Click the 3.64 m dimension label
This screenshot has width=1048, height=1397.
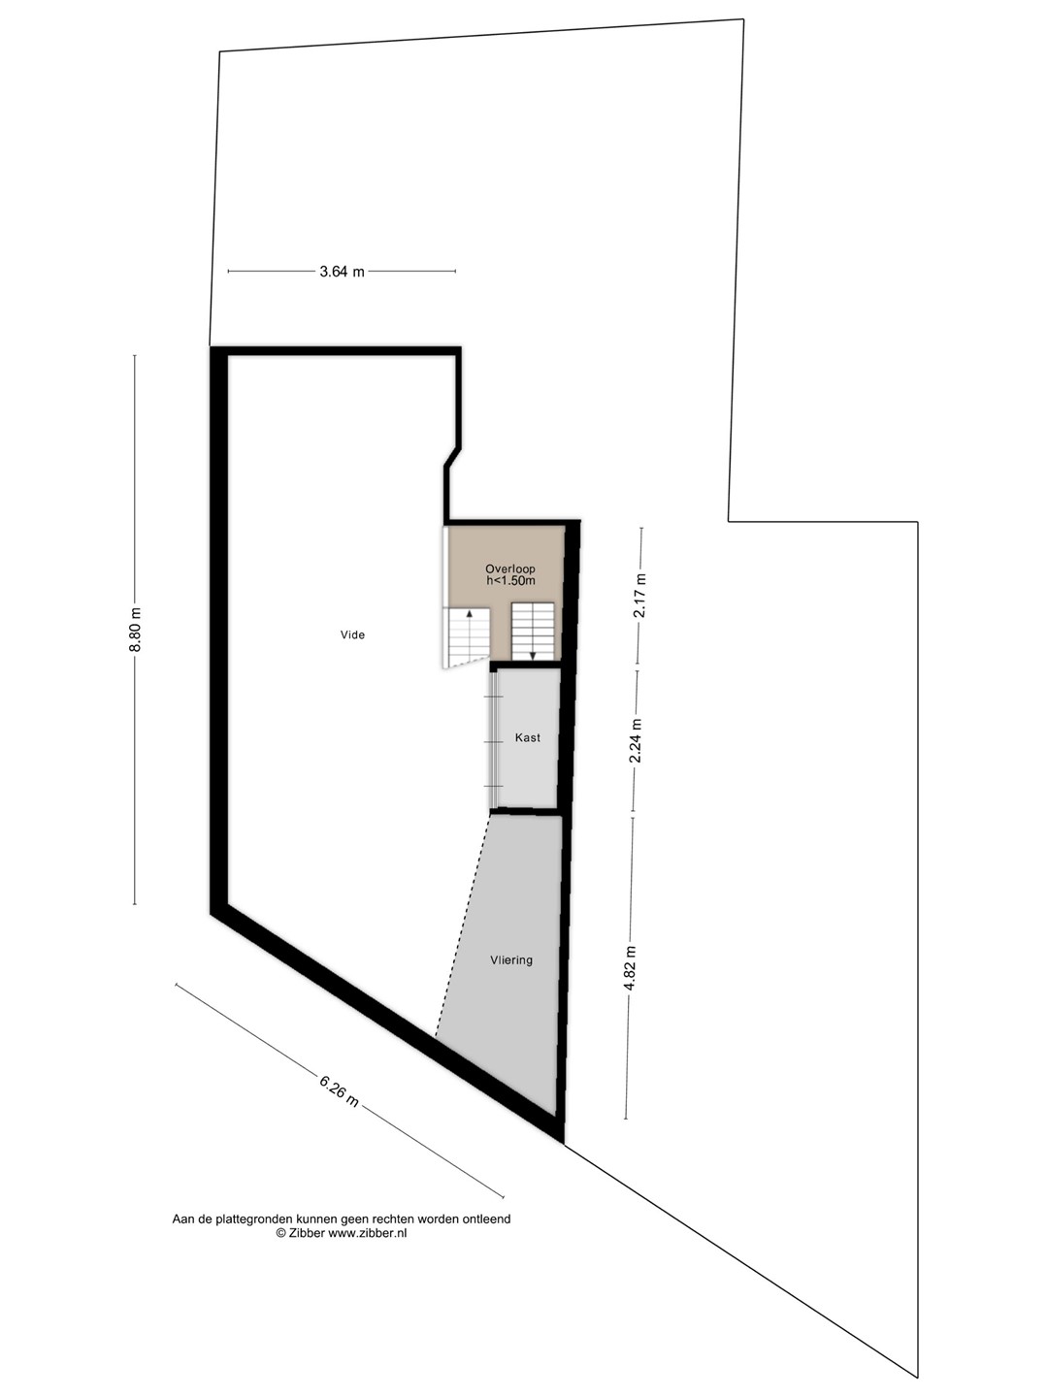[342, 272]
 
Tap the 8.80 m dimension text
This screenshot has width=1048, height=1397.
[135, 630]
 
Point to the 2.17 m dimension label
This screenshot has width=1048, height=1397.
[640, 595]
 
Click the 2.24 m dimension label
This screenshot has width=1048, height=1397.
[635, 740]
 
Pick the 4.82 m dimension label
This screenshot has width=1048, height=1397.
[630, 968]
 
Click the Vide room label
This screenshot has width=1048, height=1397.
[352, 634]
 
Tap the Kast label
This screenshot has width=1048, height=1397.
[528, 737]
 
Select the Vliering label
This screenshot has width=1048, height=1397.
[511, 960]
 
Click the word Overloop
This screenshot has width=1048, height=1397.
[510, 569]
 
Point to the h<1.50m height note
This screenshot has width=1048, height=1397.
[510, 580]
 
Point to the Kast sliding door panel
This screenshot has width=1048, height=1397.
[495, 741]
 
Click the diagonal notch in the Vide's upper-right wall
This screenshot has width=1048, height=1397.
[452, 457]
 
